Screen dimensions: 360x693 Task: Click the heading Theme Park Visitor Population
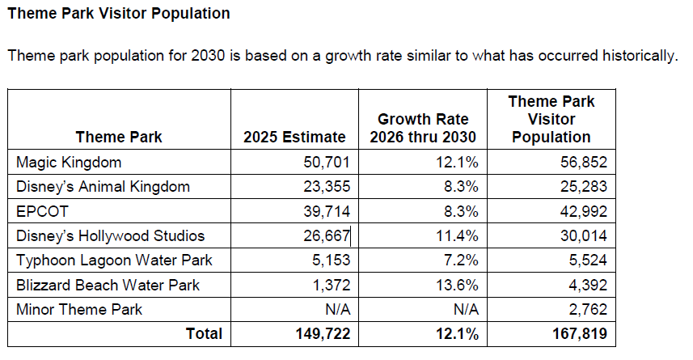[118, 15]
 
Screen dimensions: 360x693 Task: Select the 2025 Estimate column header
[294, 137]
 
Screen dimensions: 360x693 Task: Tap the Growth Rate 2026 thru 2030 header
[423, 128]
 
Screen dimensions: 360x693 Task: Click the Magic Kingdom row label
[69, 162]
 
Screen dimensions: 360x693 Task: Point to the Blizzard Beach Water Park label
[108, 285]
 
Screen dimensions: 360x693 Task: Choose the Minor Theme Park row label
[79, 309]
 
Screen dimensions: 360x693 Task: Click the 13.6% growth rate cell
[458, 285]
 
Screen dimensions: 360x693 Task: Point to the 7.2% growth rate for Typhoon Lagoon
[462, 260]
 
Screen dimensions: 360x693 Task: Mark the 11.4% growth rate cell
[458, 236]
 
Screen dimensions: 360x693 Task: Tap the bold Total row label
[203, 333]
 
